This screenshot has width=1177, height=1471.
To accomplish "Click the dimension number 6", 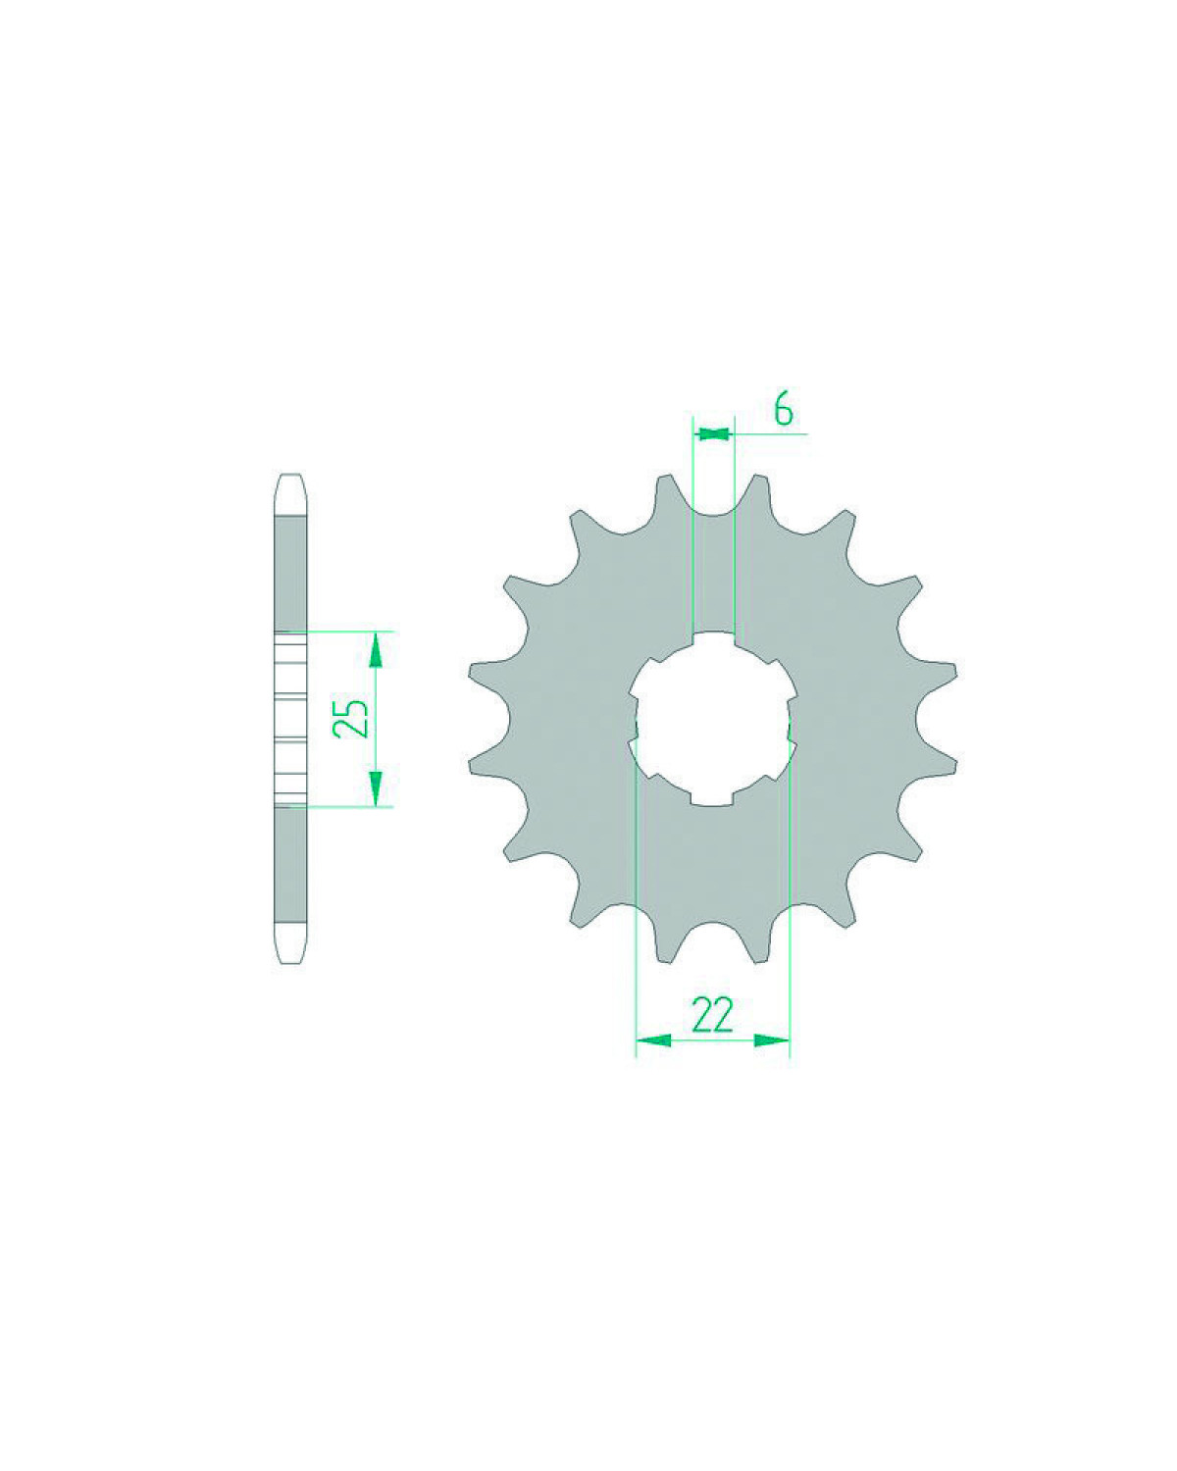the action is tap(784, 411).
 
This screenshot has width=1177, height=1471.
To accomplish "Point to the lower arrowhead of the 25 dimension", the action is tap(375, 788).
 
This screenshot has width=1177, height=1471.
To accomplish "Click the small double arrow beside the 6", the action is tap(713, 432).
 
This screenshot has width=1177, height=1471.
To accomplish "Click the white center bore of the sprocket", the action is tap(713, 719).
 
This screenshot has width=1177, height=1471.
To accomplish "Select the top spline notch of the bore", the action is tap(713, 638).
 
